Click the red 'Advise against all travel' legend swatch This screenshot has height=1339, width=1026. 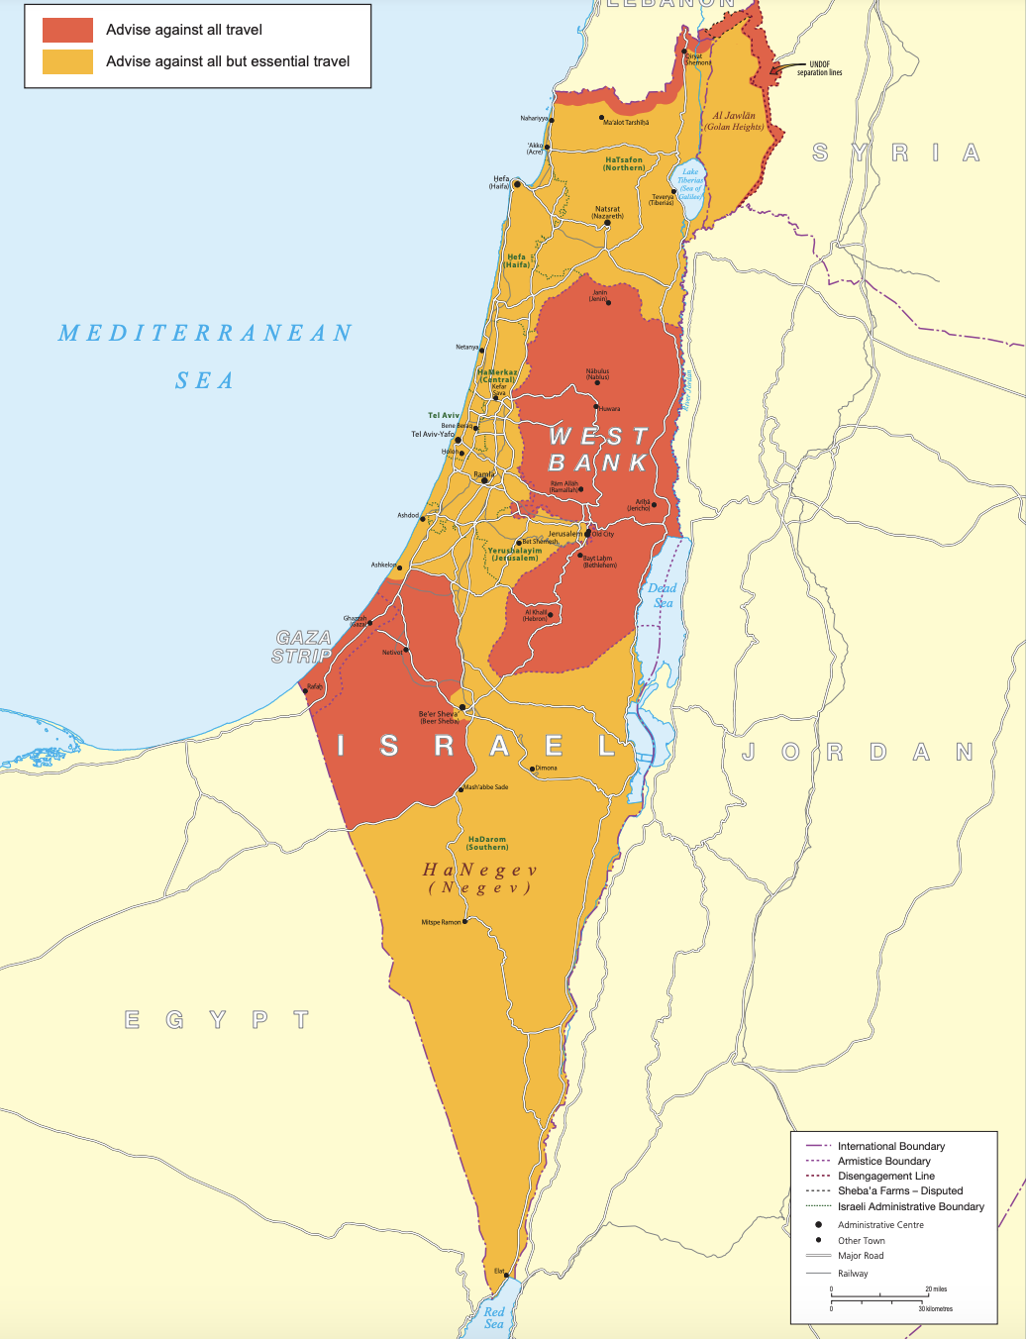point(67,30)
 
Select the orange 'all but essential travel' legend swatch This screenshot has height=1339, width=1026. point(67,61)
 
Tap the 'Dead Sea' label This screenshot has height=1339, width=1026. point(663,595)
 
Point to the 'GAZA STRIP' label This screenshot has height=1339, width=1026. point(303,647)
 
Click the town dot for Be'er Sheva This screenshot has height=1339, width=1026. point(462,707)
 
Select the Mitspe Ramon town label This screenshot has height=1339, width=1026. point(442,922)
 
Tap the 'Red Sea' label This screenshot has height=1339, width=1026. point(494,1317)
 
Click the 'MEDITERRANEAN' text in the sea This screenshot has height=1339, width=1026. point(205,334)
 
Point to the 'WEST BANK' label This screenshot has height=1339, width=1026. point(599,450)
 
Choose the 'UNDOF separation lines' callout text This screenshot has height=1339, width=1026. point(820,68)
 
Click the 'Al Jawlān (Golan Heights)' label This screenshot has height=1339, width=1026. point(734,121)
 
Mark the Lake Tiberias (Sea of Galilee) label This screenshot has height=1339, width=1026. point(690,184)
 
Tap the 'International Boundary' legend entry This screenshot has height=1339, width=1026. point(891,1146)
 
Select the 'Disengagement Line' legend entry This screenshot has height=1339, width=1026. point(885,1176)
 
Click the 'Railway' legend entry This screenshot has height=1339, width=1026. point(853,1274)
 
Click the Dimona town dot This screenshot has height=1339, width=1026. point(533,769)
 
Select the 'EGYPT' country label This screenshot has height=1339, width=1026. point(217,1020)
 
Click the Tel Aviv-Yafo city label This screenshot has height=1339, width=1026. point(433,434)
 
